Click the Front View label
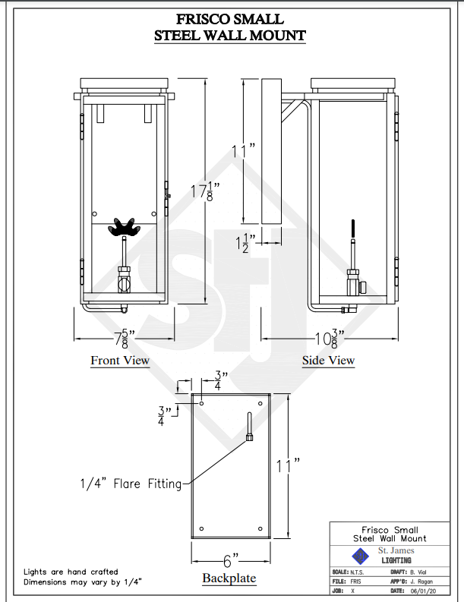[x=120, y=361]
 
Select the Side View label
[x=328, y=361]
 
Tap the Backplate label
[x=229, y=578]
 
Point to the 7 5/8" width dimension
[x=120, y=337]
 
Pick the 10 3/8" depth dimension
[x=327, y=337]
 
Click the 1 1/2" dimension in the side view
[x=244, y=244]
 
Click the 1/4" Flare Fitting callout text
[x=131, y=483]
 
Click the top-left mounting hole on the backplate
[x=201, y=402]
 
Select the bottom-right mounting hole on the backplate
[x=260, y=528]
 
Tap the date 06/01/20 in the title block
[x=423, y=590]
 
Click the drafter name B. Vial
[x=421, y=572]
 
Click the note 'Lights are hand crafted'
[x=71, y=572]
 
